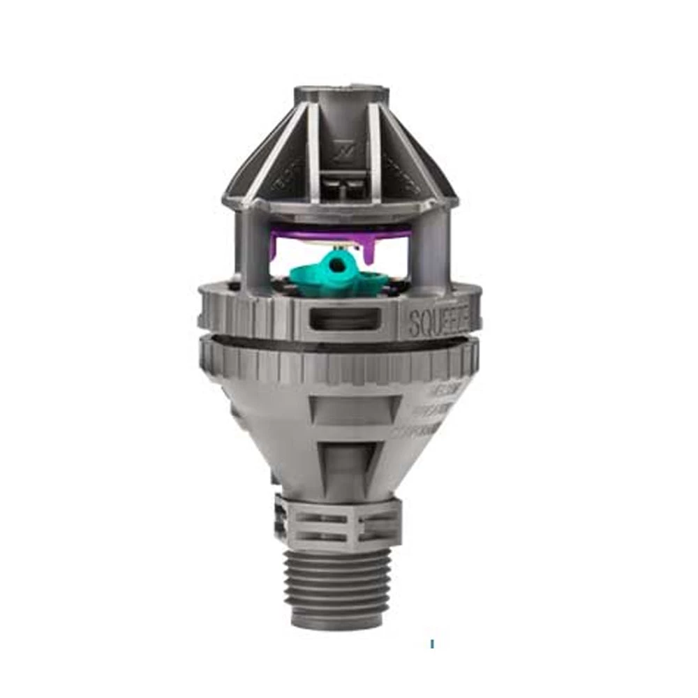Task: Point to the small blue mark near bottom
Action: (432, 643)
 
